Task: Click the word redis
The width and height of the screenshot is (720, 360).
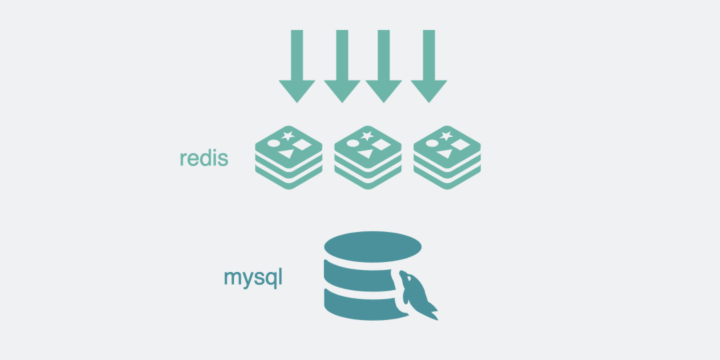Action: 204,159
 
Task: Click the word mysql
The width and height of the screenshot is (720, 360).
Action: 253,277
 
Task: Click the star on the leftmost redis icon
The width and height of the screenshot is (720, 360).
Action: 288,135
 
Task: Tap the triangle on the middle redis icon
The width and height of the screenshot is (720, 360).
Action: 365,155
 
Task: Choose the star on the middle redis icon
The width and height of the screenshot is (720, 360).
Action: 367,135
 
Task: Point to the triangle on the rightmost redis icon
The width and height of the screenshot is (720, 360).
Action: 443,155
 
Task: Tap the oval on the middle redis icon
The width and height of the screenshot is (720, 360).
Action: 352,143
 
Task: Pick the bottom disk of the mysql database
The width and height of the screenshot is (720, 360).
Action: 360,303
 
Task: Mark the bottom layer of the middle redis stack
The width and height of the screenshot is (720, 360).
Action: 367,181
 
